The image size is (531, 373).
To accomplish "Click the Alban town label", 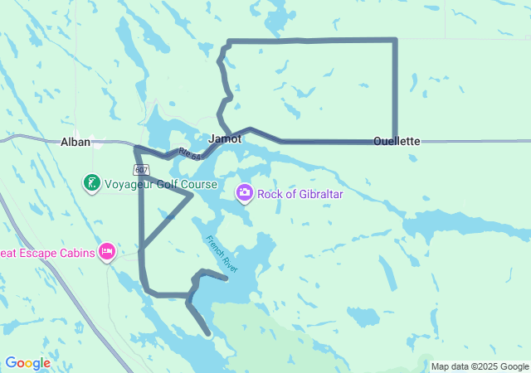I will pyautogui.click(x=75, y=142).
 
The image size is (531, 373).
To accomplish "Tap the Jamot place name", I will pyautogui.click(x=225, y=138).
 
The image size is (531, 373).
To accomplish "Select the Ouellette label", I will pyautogui.click(x=397, y=141).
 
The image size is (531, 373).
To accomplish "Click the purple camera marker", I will pyautogui.click(x=245, y=193).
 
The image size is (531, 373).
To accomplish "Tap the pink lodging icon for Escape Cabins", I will pyautogui.click(x=107, y=250).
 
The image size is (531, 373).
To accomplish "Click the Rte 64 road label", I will pyautogui.click(x=188, y=153).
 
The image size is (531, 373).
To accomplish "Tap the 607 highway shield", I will pyautogui.click(x=144, y=167).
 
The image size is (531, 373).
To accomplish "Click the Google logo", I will pyautogui.click(x=27, y=363).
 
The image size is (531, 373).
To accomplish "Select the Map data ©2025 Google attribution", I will pyautogui.click(x=479, y=366).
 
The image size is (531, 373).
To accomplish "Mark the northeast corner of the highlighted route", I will pyautogui.click(x=395, y=40).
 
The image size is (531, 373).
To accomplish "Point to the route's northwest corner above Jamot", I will pyautogui.click(x=228, y=41).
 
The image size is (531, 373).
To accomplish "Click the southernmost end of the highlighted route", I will pyautogui.click(x=208, y=334).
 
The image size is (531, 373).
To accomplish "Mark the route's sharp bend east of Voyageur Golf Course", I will pyautogui.click(x=192, y=195).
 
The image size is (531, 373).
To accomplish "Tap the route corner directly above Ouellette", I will pyautogui.click(x=395, y=141).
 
